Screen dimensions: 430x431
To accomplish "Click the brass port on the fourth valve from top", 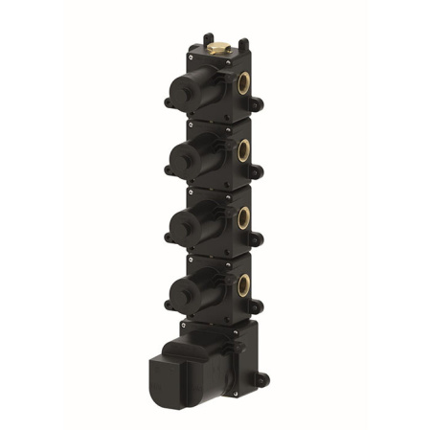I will pos(243,283).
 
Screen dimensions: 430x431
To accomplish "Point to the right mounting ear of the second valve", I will pos(258,171).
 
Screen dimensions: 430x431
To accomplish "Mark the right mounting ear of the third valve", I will pos(258,239).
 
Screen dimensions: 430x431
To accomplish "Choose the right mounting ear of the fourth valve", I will pos(258,306).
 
